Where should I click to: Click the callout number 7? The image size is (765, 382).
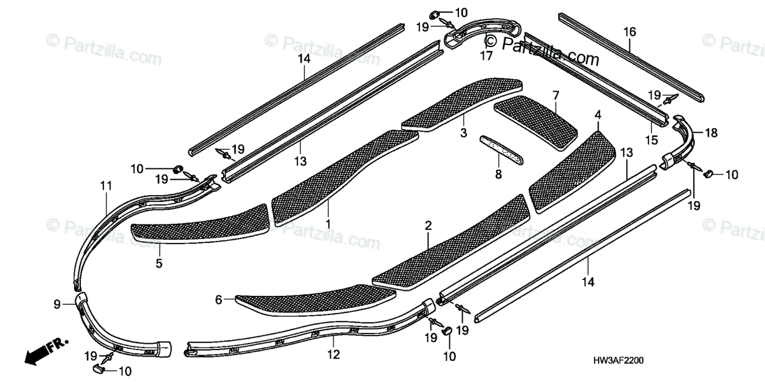click(x=556, y=96)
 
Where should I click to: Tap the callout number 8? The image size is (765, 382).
click(x=499, y=174)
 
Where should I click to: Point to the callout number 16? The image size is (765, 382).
click(x=629, y=31)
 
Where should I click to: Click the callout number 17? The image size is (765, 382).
click(x=486, y=55)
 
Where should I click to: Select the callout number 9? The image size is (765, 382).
click(x=57, y=305)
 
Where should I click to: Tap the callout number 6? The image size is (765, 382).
click(x=219, y=300)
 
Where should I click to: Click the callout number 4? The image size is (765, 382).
click(x=597, y=115)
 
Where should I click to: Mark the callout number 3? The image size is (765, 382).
click(x=463, y=133)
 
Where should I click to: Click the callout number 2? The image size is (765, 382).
click(x=428, y=225)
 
